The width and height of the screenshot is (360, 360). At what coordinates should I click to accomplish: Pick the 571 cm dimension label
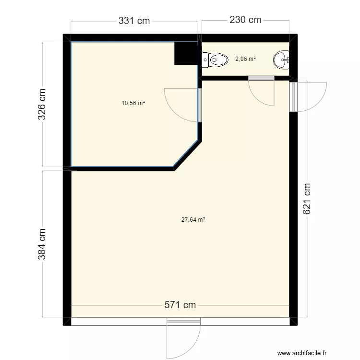pos(180,305)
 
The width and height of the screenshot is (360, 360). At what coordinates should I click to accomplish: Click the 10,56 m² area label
pos(133,103)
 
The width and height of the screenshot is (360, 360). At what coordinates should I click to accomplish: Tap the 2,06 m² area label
pos(245,59)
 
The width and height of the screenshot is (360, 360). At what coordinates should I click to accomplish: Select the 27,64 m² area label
pos(193,220)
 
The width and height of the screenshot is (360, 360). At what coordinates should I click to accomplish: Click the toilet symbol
pos(215,60)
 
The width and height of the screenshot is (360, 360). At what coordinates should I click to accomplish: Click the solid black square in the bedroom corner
pos(186,53)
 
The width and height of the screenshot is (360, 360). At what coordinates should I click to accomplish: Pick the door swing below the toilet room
pos(262,91)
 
